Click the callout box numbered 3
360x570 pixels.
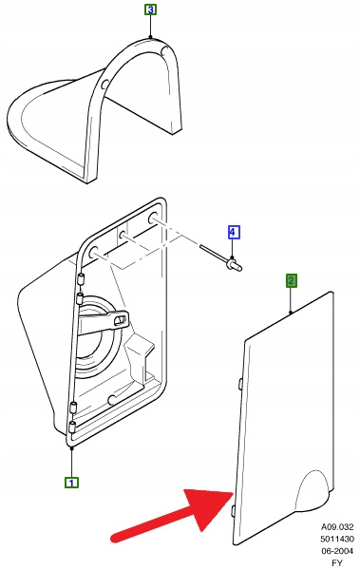(150, 9)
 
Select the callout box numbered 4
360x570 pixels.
(234, 232)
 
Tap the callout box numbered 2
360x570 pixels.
(291, 280)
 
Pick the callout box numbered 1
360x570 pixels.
(71, 483)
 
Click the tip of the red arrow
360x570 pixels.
(233, 492)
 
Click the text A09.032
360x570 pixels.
(337, 526)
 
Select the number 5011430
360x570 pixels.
(337, 539)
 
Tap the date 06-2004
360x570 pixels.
(337, 551)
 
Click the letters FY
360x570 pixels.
(337, 562)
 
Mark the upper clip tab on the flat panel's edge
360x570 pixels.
(240, 385)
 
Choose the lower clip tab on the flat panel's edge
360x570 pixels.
(233, 510)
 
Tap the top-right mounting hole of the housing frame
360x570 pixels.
(152, 219)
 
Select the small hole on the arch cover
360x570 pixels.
(104, 85)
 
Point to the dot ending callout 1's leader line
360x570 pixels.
(71, 449)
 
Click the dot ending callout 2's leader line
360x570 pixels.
(291, 312)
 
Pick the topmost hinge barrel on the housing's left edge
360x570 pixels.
(82, 279)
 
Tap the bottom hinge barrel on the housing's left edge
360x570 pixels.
(71, 427)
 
